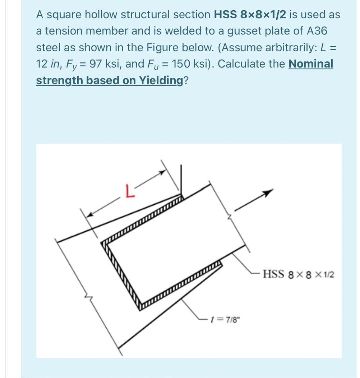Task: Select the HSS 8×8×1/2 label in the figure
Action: click(298, 275)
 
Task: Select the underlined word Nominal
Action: click(311, 63)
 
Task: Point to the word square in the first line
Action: click(64, 14)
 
